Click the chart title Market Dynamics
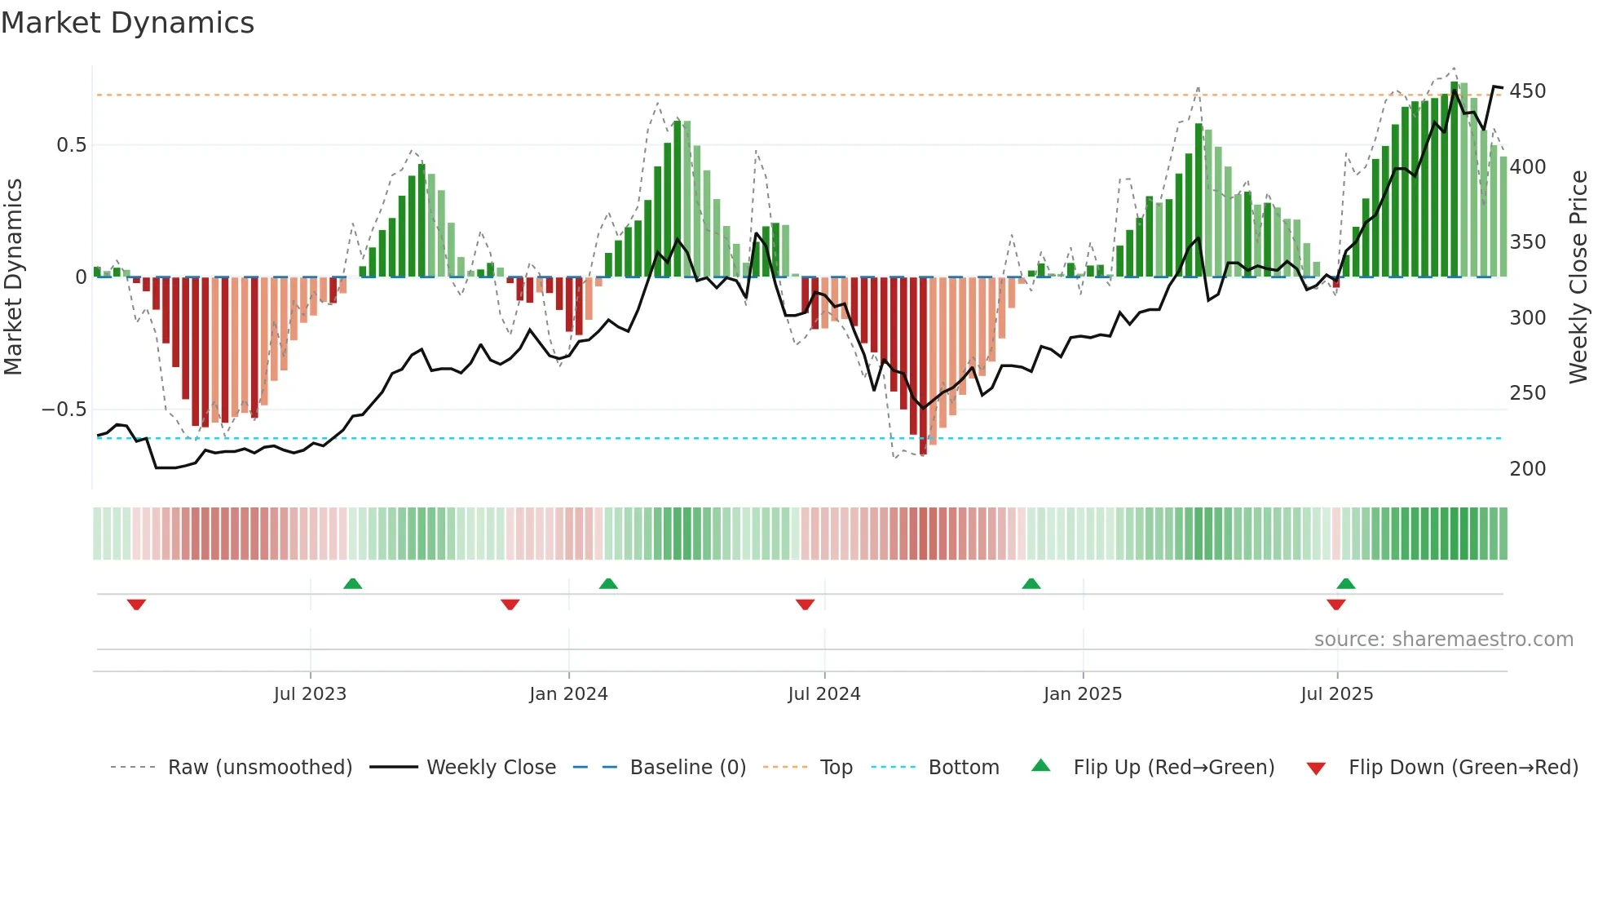(x=128, y=23)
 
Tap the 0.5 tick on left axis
(x=71, y=145)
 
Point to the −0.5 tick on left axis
(x=64, y=410)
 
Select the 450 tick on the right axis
(x=1527, y=91)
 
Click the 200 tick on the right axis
(x=1527, y=469)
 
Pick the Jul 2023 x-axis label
(x=310, y=694)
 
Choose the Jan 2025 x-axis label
(x=1082, y=694)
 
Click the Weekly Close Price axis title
(x=1578, y=277)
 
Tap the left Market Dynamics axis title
(x=13, y=277)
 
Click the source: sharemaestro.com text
(x=1443, y=640)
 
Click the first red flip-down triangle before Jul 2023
(x=136, y=604)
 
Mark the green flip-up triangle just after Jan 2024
(x=608, y=583)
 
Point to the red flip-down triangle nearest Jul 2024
(x=805, y=604)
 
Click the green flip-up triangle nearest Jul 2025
(x=1346, y=583)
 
